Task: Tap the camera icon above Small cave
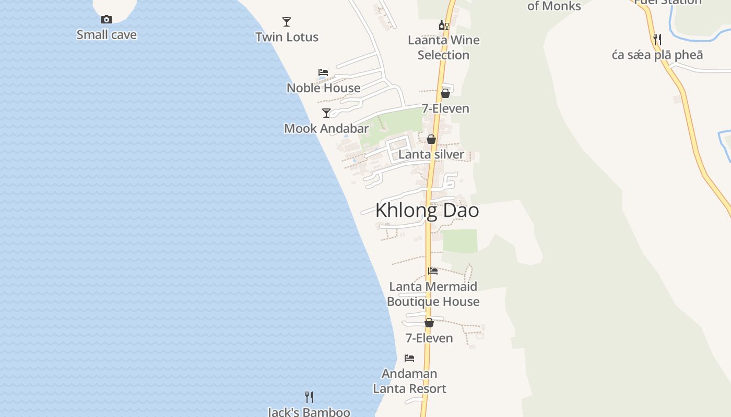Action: (x=107, y=20)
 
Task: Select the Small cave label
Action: (x=107, y=35)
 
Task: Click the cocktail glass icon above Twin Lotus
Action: (x=287, y=22)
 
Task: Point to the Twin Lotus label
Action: (x=287, y=37)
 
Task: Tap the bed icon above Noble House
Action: (x=323, y=72)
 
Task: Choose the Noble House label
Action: (x=323, y=88)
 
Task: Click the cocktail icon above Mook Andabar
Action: (x=326, y=113)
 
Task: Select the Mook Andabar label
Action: (x=326, y=128)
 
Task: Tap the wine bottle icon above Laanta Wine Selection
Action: (x=443, y=25)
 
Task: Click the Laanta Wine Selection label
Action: (x=443, y=47)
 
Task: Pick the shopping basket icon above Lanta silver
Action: (x=431, y=139)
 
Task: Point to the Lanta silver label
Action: (x=431, y=154)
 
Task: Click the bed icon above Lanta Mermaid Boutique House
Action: (x=433, y=271)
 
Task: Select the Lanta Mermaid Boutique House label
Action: (x=433, y=294)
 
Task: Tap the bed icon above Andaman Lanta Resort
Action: (x=409, y=358)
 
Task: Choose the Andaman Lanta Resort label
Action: (x=409, y=381)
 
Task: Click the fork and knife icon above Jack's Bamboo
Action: (x=309, y=397)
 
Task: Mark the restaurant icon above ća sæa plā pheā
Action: (x=657, y=40)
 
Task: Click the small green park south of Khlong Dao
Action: (x=460, y=241)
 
